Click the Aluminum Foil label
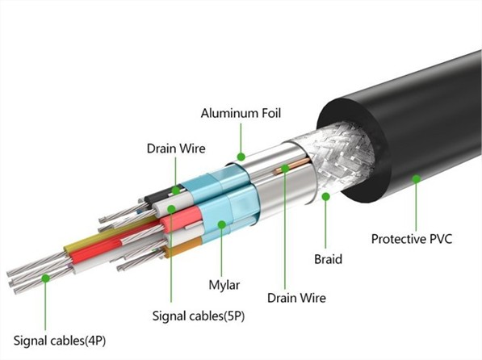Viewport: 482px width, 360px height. (x=241, y=113)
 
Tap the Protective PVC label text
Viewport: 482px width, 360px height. (x=412, y=239)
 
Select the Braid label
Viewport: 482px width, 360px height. (x=328, y=259)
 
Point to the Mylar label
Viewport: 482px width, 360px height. (x=224, y=285)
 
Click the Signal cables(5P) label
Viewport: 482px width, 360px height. (x=199, y=316)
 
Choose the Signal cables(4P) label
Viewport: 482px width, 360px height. (x=60, y=341)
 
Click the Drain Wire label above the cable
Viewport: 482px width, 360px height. (x=176, y=149)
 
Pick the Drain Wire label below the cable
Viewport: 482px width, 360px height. (x=296, y=298)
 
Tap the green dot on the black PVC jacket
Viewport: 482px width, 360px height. (x=417, y=178)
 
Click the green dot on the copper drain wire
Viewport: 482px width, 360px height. (x=285, y=168)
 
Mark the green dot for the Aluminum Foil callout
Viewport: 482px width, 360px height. (x=241, y=157)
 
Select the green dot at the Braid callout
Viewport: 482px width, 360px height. (x=326, y=196)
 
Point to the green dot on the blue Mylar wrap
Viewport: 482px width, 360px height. (x=222, y=224)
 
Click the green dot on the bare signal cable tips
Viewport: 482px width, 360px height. (x=45, y=278)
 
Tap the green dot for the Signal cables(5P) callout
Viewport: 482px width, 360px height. (x=171, y=209)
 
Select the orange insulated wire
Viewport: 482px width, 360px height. (x=182, y=249)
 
